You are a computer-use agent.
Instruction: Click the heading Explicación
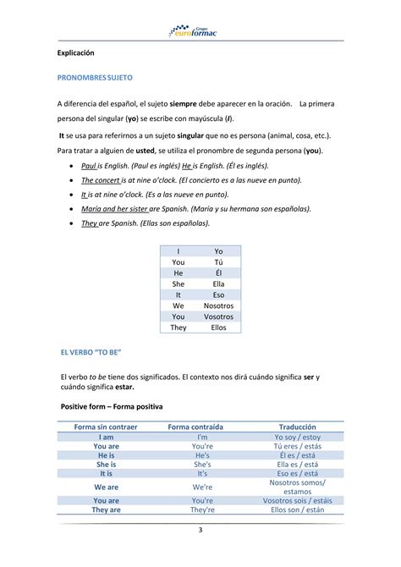[76, 52]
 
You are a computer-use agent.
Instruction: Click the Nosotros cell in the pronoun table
[218, 305]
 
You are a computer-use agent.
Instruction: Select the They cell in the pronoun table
[179, 327]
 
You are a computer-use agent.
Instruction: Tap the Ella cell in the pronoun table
[218, 283]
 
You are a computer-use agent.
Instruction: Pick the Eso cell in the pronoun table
[218, 295]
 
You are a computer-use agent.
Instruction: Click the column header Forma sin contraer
[106, 427]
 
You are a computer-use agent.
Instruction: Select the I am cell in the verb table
[106, 437]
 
